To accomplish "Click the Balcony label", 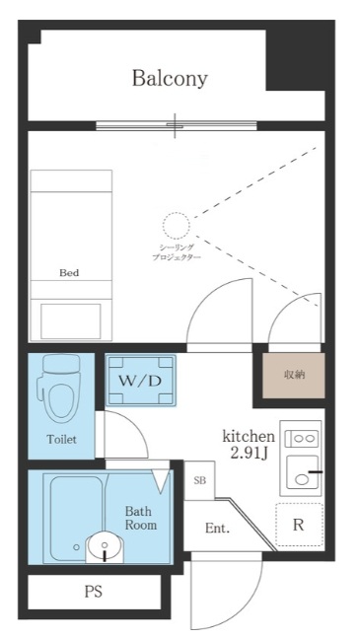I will [170, 79].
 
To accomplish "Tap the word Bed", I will [69, 272].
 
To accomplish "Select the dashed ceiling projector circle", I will [176, 225].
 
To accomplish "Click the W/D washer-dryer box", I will [140, 381].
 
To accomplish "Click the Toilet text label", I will [60, 439].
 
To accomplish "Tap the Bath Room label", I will [139, 519].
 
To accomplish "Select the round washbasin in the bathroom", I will [104, 545].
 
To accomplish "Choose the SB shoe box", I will [199, 480].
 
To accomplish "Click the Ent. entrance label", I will [217, 529].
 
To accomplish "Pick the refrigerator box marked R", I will [298, 525].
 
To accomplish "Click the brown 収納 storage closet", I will [293, 375].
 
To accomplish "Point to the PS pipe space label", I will [94, 592].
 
